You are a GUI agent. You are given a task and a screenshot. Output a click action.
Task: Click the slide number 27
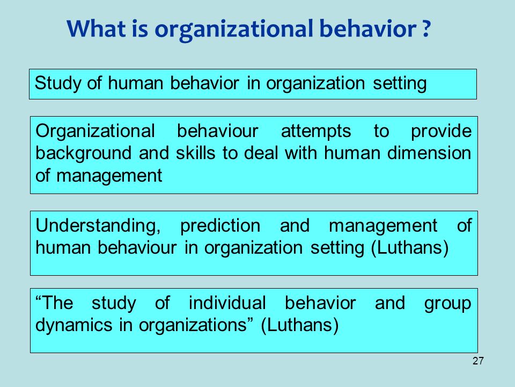point(479,361)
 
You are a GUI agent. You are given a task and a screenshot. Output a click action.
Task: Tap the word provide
point(442,132)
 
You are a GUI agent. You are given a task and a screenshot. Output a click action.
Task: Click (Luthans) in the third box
point(409,249)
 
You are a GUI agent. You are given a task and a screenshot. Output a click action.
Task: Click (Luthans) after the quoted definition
point(299,326)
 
